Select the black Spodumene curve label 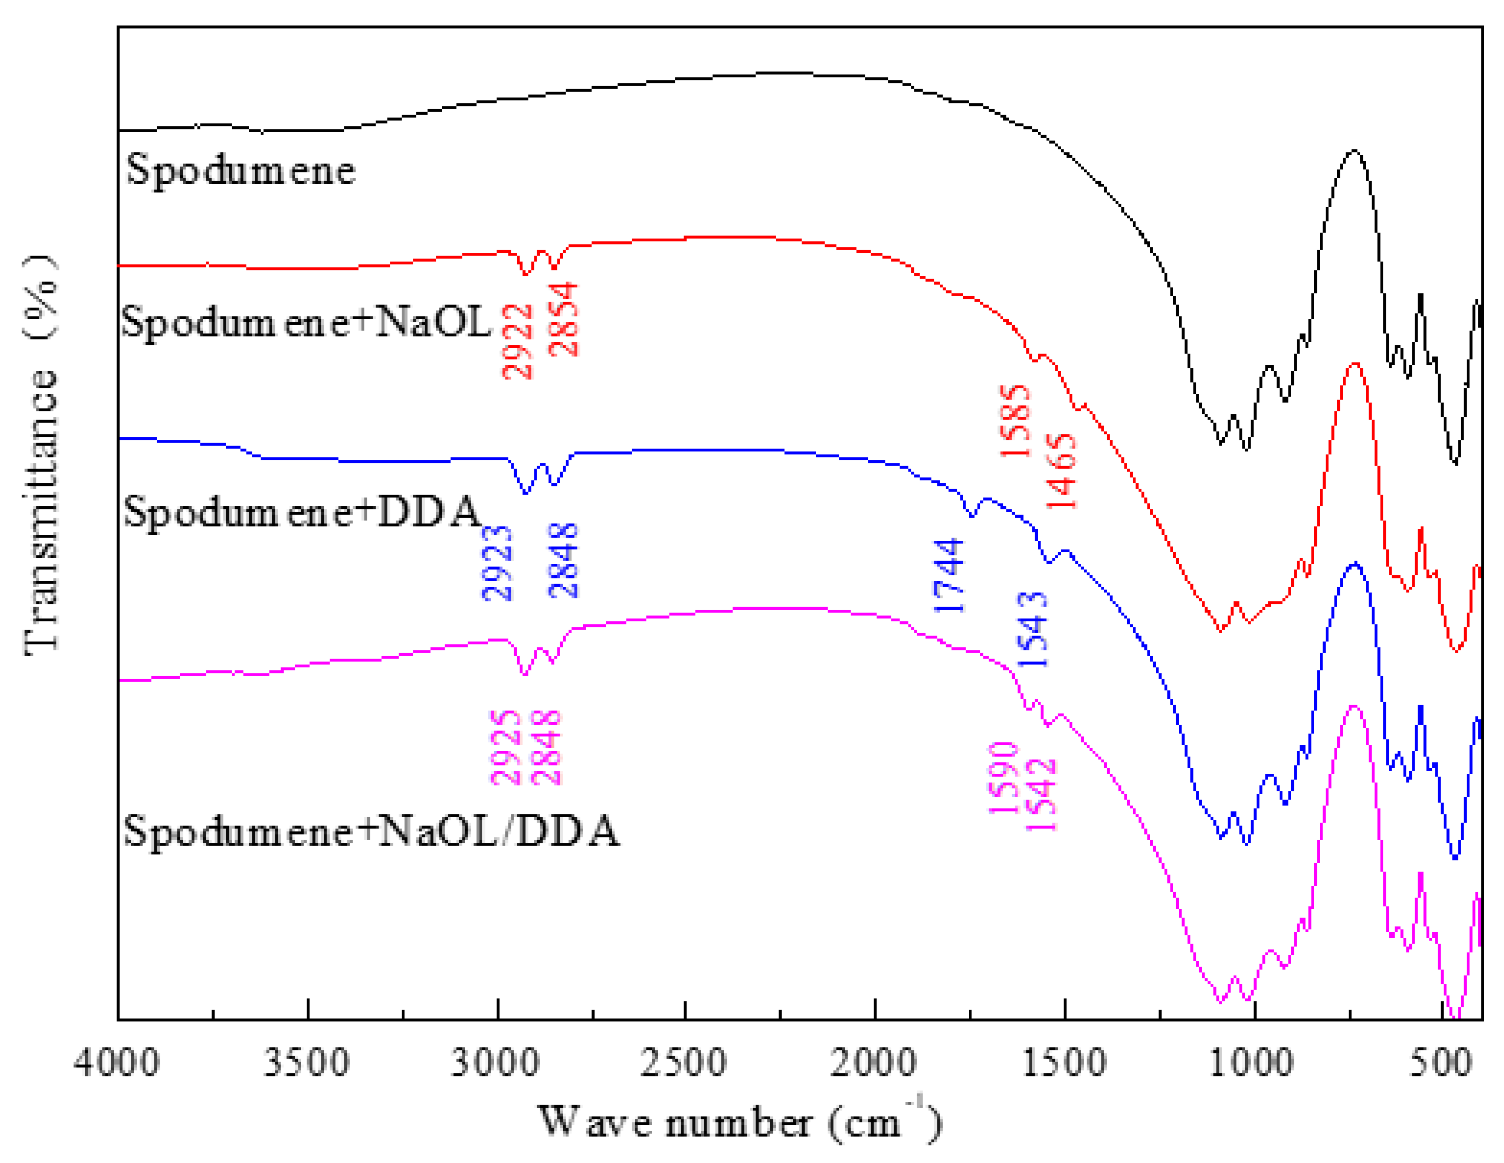pyautogui.click(x=241, y=170)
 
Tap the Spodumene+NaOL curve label pyautogui.click(x=306, y=322)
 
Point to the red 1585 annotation pyautogui.click(x=1016, y=421)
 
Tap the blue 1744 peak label pyautogui.click(x=949, y=576)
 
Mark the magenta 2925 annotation pyautogui.click(x=506, y=748)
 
